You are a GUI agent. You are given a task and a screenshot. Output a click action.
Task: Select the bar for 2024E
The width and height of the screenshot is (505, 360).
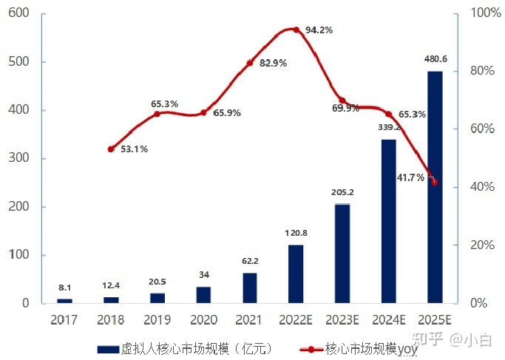tap(388, 221)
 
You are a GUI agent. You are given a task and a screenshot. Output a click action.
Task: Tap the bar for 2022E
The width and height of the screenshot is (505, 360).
tap(296, 274)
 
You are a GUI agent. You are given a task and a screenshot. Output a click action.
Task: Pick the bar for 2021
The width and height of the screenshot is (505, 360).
tap(250, 288)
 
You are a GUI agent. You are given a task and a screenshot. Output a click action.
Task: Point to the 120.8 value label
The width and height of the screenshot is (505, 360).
tap(296, 234)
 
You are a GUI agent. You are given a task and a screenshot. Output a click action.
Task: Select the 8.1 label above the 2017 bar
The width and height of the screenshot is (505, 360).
tap(64, 288)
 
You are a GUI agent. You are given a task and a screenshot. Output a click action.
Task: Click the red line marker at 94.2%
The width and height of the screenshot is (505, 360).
tap(296, 30)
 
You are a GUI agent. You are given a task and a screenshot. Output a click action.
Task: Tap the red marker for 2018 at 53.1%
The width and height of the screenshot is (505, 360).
tap(111, 149)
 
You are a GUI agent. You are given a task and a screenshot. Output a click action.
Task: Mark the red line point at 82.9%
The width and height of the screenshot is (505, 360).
tap(250, 63)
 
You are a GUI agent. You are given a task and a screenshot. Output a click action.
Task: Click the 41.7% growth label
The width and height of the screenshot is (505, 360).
tap(410, 177)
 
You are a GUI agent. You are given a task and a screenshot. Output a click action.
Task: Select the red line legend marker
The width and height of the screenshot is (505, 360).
tap(311, 348)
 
